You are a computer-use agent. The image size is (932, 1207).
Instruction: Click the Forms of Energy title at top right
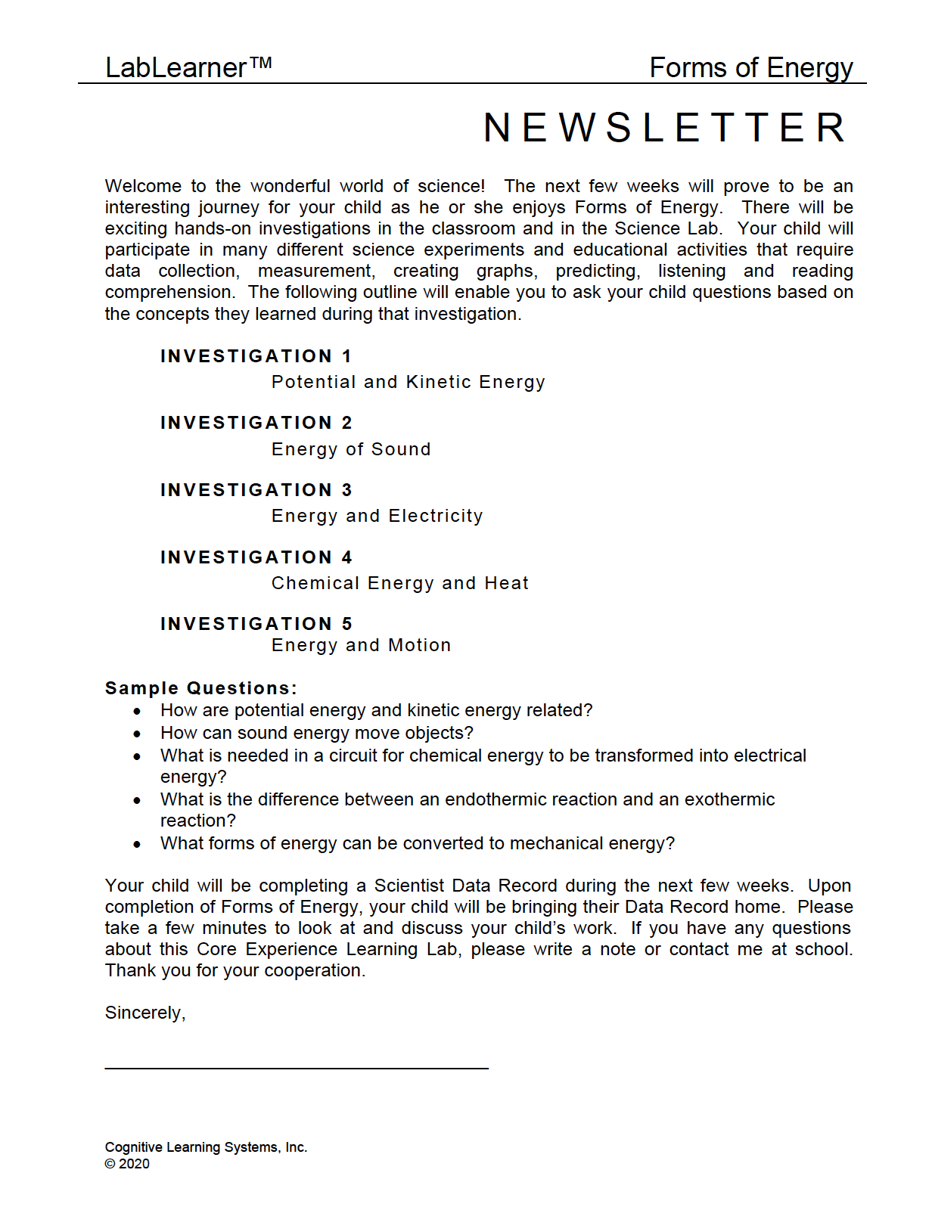(750, 68)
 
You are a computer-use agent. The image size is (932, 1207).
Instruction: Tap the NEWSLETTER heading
(665, 127)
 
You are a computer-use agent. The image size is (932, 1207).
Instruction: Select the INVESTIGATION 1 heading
(256, 356)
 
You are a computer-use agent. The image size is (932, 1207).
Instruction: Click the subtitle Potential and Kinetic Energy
(408, 382)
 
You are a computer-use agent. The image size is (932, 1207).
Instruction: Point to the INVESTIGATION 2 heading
(256, 423)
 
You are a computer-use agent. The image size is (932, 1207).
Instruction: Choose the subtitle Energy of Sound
(351, 449)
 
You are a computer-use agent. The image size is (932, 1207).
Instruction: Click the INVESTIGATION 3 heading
(256, 490)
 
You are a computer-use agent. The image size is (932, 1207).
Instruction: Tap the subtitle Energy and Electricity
(377, 516)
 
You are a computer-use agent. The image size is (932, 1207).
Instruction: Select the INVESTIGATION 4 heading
(256, 557)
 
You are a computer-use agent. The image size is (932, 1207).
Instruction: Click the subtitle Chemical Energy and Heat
(400, 583)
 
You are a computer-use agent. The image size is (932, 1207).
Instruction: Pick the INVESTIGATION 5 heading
(256, 624)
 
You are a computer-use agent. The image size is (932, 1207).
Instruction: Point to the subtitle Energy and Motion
(361, 645)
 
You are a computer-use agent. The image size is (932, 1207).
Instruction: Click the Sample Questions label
(200, 688)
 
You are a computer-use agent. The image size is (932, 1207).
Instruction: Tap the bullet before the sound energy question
(137, 734)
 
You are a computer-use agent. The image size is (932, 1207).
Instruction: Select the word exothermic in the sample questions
(729, 799)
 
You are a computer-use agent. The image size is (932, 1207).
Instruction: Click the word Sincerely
(144, 1013)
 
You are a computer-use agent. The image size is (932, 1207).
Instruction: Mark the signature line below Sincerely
(297, 1068)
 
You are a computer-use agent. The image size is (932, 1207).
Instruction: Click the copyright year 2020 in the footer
(134, 1164)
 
